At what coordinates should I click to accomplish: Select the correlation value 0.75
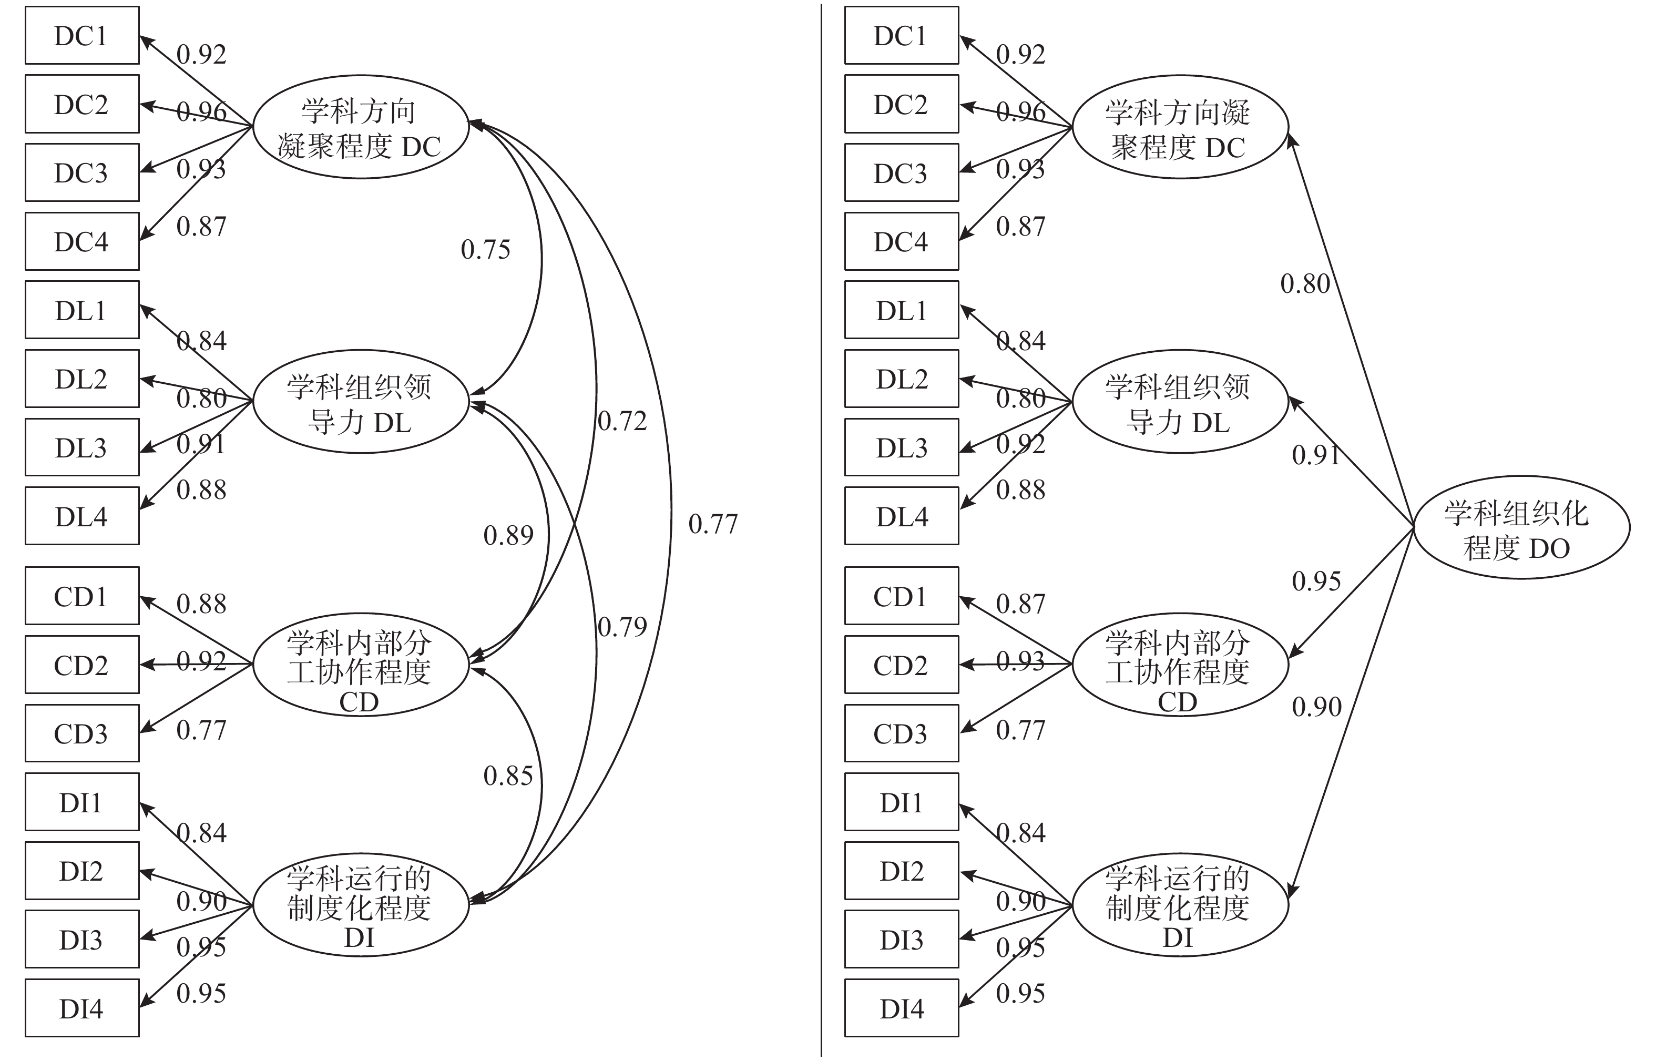coord(486,249)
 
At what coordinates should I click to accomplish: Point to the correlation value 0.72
coord(622,421)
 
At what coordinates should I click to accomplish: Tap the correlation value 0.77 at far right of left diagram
coord(713,524)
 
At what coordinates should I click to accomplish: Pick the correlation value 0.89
coord(508,535)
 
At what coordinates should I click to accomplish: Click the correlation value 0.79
coord(622,627)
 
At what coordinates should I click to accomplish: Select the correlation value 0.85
coord(508,777)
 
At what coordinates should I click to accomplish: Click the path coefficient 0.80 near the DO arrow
coord(1305,284)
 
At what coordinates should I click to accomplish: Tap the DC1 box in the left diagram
coord(82,36)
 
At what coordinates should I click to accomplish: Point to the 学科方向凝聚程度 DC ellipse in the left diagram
coord(360,127)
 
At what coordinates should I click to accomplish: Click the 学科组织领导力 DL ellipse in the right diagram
coord(1180,402)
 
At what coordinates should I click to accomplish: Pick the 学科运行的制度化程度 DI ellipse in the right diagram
coord(1180,905)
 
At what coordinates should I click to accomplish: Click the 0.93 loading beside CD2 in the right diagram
coord(1020,661)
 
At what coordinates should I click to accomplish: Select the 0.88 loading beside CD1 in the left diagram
coord(201,604)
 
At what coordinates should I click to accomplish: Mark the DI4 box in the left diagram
coord(82,1008)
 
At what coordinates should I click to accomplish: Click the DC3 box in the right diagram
coord(902,173)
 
